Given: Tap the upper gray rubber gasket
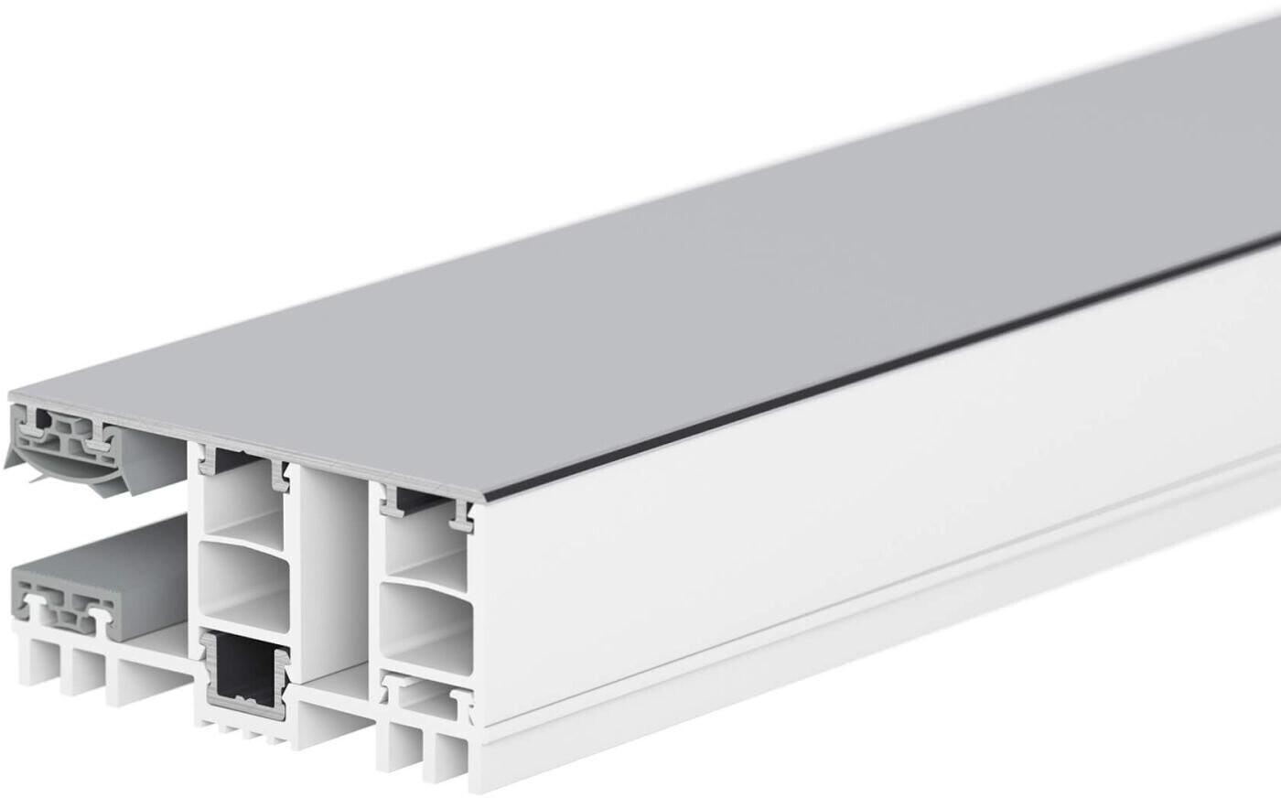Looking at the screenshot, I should click(x=64, y=439).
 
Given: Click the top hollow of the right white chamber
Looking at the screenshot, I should click(x=423, y=540).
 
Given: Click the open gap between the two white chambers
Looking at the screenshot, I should click(x=329, y=567).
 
